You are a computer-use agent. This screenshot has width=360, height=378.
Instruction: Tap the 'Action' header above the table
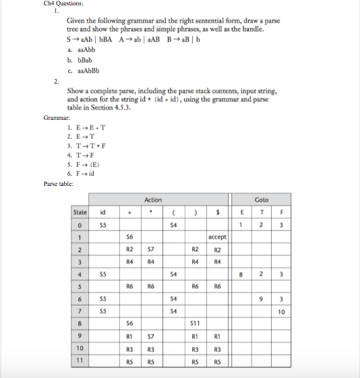(x=152, y=199)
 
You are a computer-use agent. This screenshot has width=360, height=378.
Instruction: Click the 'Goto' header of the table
(x=262, y=199)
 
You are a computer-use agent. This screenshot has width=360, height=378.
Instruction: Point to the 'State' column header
(x=80, y=212)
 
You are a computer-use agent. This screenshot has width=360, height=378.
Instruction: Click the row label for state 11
(x=80, y=360)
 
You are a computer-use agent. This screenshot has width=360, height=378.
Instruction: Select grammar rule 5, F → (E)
(x=84, y=163)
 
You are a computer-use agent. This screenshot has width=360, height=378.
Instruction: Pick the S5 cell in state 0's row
(x=103, y=224)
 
